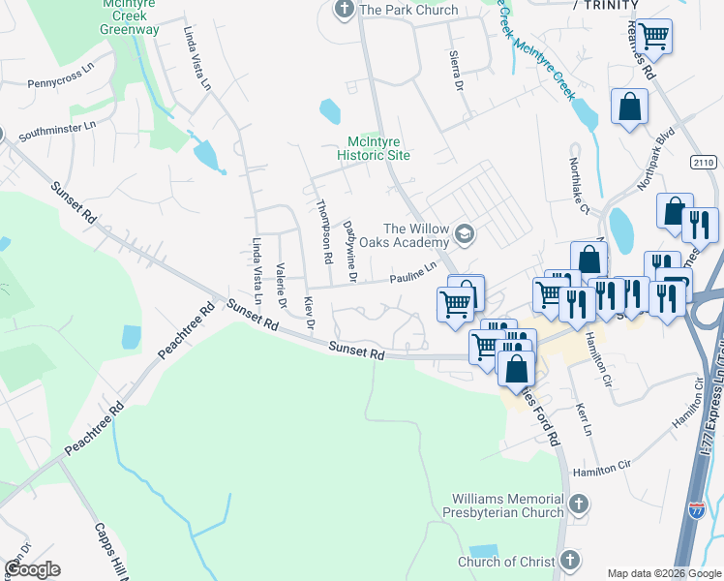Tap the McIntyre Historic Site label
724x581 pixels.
[x=374, y=148]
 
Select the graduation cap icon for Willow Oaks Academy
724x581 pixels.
[x=466, y=233]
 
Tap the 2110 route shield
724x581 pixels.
[x=704, y=163]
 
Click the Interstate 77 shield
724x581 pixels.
[x=696, y=508]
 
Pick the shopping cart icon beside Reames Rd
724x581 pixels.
[x=654, y=36]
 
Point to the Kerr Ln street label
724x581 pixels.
[x=583, y=419]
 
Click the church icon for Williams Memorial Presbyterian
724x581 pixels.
[x=578, y=504]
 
